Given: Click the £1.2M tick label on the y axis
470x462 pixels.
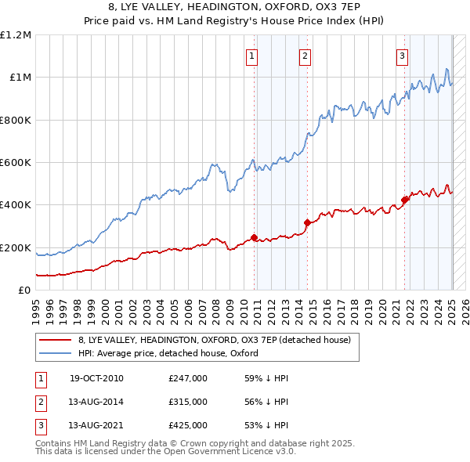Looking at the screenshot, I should [x=16, y=35].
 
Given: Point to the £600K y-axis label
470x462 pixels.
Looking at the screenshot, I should [x=16, y=163].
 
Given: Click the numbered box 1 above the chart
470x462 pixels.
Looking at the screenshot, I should [x=252, y=56].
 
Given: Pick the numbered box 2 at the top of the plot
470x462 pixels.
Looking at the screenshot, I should [x=304, y=56].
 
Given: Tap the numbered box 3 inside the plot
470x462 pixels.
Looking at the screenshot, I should [x=402, y=56].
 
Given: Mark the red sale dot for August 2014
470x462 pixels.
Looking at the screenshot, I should [x=307, y=223].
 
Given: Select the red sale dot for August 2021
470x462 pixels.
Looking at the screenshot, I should [x=405, y=200].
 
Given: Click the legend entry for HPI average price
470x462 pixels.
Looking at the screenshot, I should [x=168, y=353].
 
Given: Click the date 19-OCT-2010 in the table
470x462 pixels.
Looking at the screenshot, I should [x=96, y=378].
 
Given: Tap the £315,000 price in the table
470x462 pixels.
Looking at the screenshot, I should [x=188, y=402].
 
